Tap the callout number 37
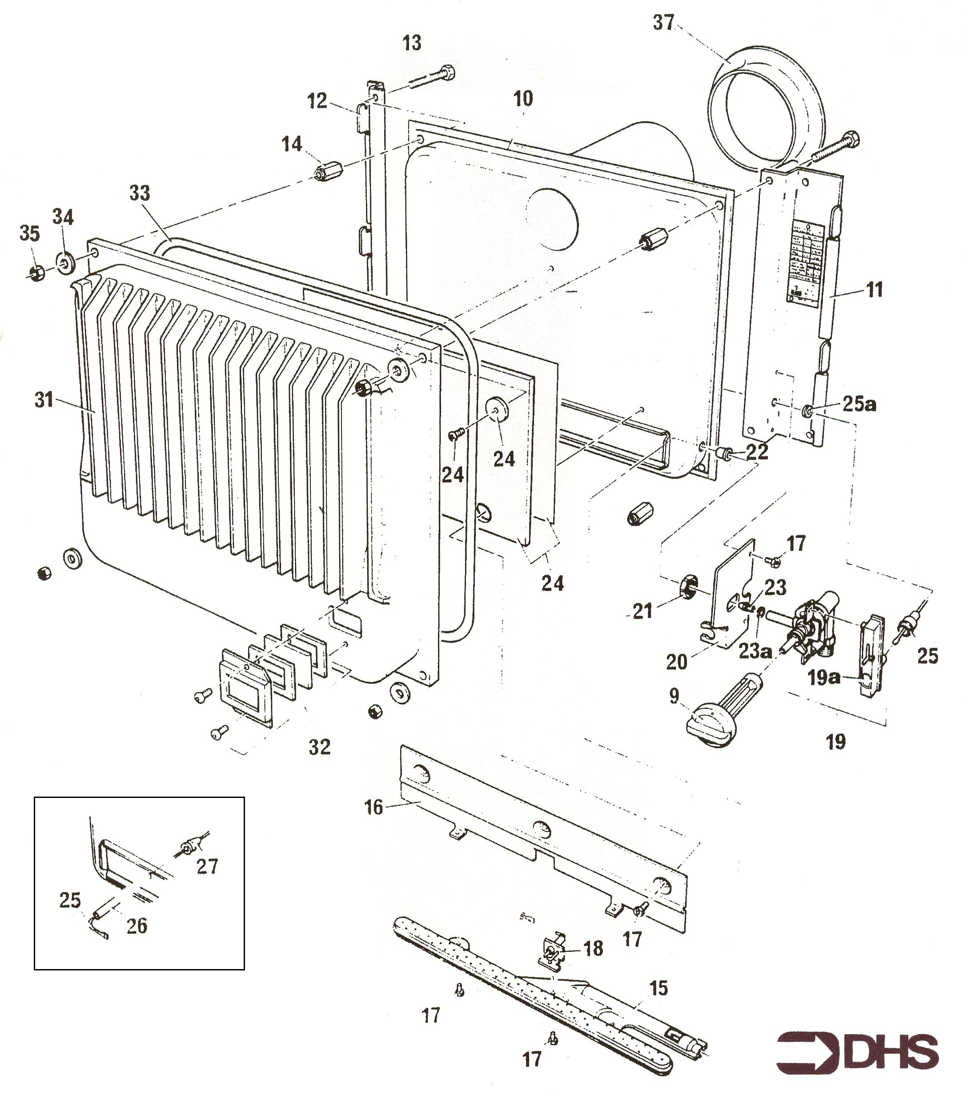click(x=663, y=23)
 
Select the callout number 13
click(x=412, y=43)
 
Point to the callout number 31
click(x=44, y=400)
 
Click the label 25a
click(x=859, y=405)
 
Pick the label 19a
click(x=823, y=678)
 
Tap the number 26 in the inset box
click(x=137, y=926)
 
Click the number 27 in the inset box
click(x=207, y=866)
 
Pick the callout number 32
click(x=320, y=747)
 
